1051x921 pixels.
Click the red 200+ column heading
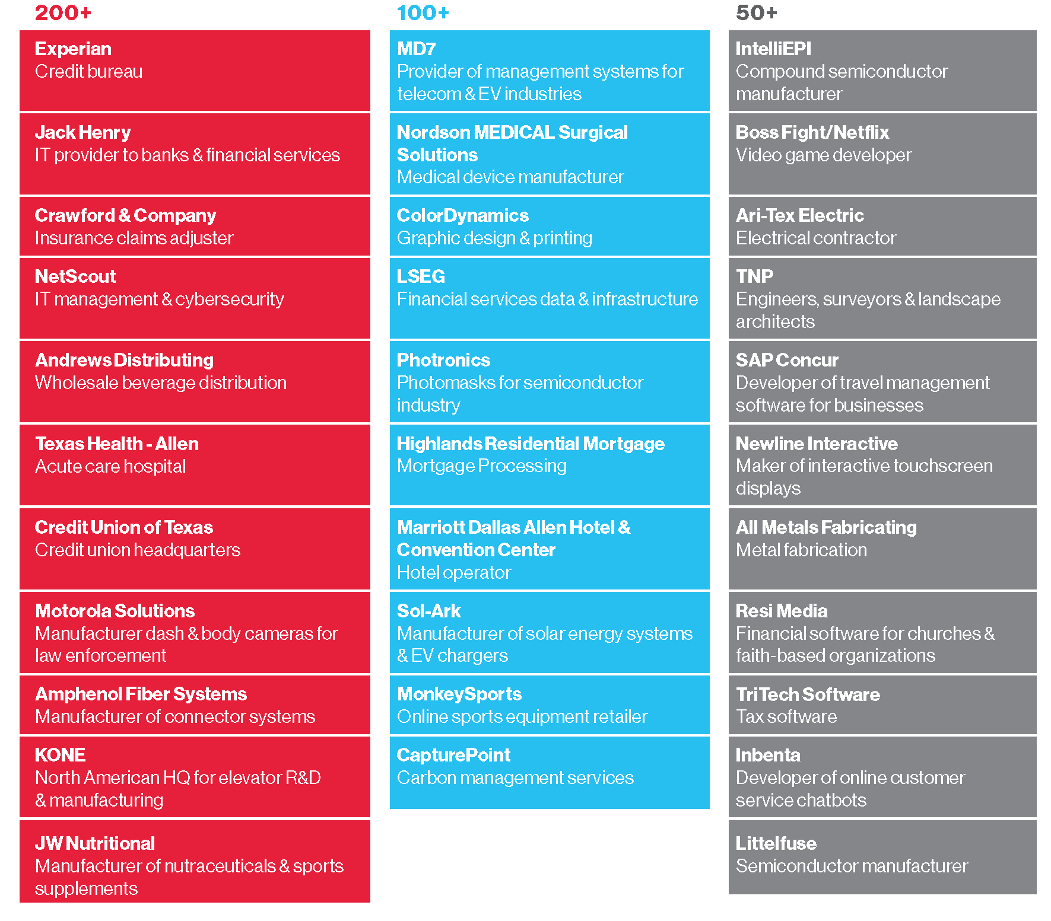tap(63, 12)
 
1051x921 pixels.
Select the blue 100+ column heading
tap(423, 12)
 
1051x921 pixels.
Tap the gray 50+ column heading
tap(756, 12)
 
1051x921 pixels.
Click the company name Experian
tap(73, 49)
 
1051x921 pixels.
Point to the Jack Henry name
tap(82, 132)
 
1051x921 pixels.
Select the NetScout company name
tap(75, 276)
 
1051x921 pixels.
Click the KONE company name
tap(60, 755)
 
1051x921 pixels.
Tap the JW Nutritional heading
tap(95, 843)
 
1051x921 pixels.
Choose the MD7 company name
tap(416, 49)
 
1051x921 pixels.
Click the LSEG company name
tap(421, 276)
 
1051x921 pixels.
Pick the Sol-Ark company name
tap(428, 611)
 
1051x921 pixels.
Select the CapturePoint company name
tap(453, 755)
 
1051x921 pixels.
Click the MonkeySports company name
tap(459, 694)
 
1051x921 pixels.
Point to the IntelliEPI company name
tap(773, 49)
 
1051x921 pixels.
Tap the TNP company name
tap(754, 276)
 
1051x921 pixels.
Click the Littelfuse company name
tap(776, 843)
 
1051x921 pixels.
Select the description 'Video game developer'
tap(823, 155)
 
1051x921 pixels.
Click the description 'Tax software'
tap(786, 716)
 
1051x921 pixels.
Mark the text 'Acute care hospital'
tap(110, 466)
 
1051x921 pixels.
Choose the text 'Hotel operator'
tap(453, 572)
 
